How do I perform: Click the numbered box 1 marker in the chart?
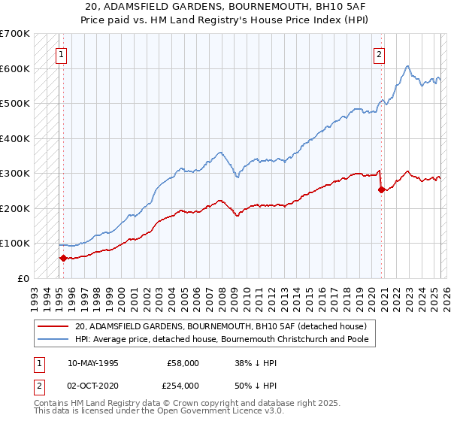[60, 53]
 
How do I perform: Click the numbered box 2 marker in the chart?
[380, 53]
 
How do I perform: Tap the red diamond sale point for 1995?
[63, 258]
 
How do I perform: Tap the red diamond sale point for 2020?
[381, 189]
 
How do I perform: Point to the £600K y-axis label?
[15, 68]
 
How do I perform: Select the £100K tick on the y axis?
[15, 243]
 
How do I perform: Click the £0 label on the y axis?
[23, 278]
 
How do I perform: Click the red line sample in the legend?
[52, 326]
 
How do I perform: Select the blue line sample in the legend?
[52, 339]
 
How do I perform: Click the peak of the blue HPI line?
[407, 66]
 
